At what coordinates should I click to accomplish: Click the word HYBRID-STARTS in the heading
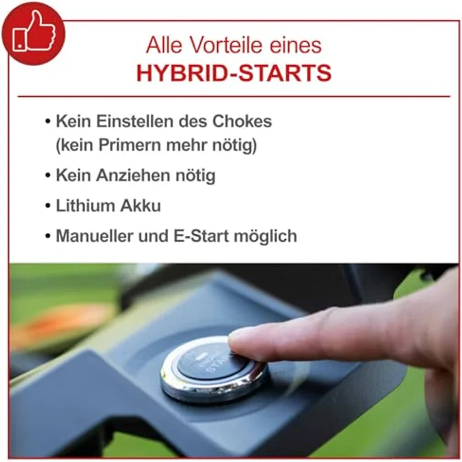234,73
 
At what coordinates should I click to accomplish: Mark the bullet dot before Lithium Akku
48,206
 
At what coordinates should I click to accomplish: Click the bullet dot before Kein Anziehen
48,176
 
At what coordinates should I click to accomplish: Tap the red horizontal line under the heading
234,97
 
